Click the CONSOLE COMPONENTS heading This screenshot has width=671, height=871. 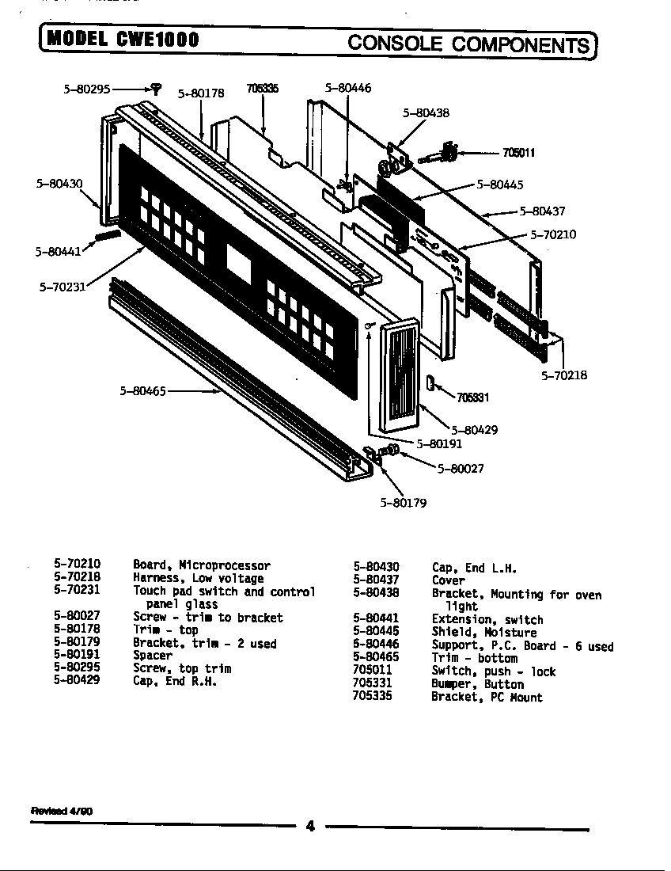(469, 43)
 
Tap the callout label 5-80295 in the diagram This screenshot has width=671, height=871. (87, 89)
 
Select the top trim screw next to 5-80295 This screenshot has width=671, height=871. (156, 89)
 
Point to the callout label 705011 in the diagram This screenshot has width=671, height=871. (518, 153)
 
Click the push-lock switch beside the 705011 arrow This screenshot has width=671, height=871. (448, 151)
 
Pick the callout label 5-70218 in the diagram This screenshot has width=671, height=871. (564, 375)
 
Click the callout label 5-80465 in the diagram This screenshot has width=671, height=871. (142, 390)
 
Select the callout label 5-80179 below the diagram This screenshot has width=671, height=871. (404, 503)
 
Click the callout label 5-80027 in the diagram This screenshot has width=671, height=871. (461, 468)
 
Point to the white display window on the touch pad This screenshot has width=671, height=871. (238, 259)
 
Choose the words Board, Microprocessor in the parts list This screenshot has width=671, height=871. (201, 565)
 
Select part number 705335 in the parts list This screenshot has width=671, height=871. (372, 697)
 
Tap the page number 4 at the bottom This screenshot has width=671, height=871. (310, 827)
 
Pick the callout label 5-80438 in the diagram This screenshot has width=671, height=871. (426, 113)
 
